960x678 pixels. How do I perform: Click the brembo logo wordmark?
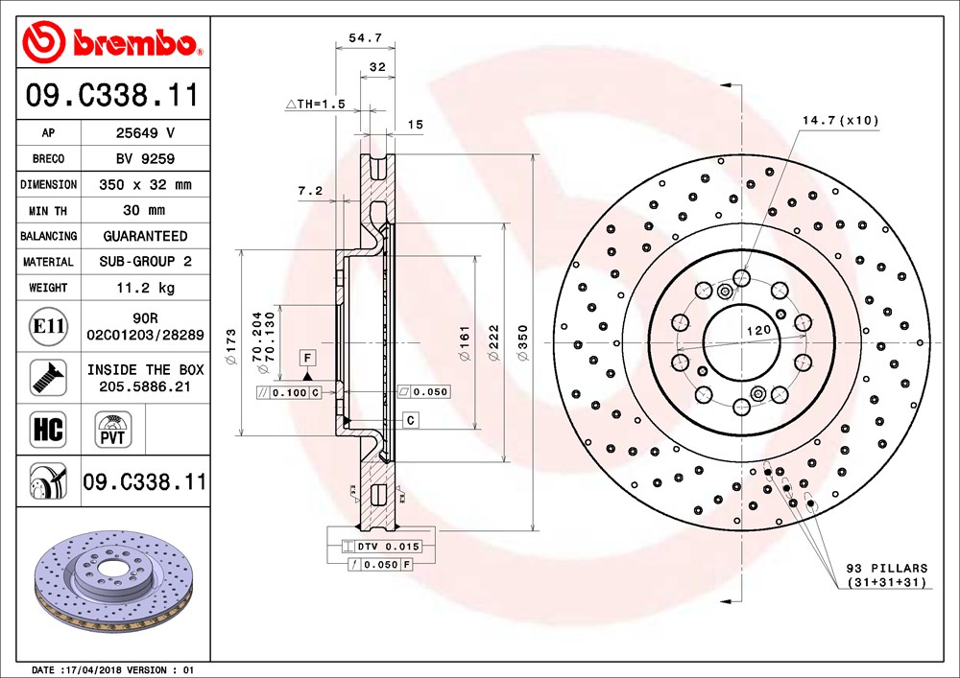(x=134, y=42)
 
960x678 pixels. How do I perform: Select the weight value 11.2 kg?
(x=146, y=288)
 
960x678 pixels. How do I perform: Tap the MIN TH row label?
(x=48, y=211)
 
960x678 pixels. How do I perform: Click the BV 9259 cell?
(x=146, y=158)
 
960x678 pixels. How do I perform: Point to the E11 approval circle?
(x=48, y=326)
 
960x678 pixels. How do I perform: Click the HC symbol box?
(x=48, y=430)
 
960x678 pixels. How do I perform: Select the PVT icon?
(x=112, y=430)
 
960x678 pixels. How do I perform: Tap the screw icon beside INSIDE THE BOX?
(x=48, y=377)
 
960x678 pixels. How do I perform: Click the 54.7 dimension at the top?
(x=366, y=38)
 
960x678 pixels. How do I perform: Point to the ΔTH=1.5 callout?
(x=315, y=105)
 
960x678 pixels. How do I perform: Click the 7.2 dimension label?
(x=310, y=191)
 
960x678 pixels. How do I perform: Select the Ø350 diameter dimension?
(x=522, y=342)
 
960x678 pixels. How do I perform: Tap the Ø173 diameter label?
(x=230, y=347)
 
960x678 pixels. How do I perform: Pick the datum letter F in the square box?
(x=307, y=358)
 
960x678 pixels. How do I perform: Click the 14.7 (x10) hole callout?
(x=841, y=121)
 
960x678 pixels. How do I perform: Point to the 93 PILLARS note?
(x=887, y=574)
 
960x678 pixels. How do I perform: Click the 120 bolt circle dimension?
(x=758, y=330)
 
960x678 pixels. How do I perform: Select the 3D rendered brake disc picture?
(x=114, y=581)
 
